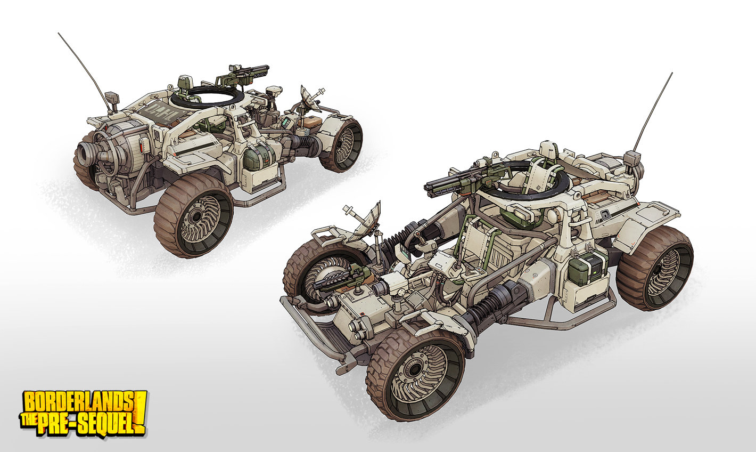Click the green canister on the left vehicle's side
pos(257,158)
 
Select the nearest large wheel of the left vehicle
pos(193,217)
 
